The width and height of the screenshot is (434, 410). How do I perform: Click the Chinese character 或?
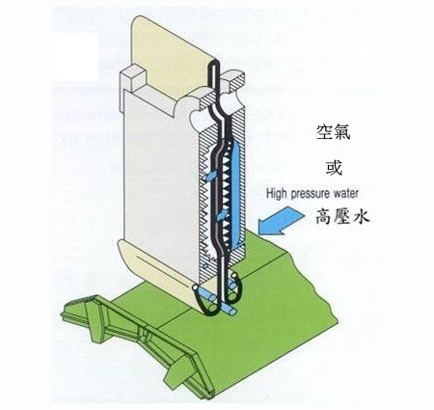click(x=334, y=167)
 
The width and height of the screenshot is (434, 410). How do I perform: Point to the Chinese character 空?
click(x=324, y=132)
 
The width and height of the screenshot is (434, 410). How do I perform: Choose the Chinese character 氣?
click(x=342, y=132)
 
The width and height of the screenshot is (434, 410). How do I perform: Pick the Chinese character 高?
click(x=324, y=215)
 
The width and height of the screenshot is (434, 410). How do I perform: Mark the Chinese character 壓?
click(x=342, y=215)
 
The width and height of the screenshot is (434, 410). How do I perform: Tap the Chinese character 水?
click(x=361, y=215)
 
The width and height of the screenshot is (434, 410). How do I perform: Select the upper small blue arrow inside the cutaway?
click(x=210, y=176)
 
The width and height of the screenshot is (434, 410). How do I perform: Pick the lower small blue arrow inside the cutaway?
click(x=223, y=215)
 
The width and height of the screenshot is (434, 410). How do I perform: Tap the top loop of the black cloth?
click(x=214, y=64)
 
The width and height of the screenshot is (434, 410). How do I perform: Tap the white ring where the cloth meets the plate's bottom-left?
click(x=195, y=287)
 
